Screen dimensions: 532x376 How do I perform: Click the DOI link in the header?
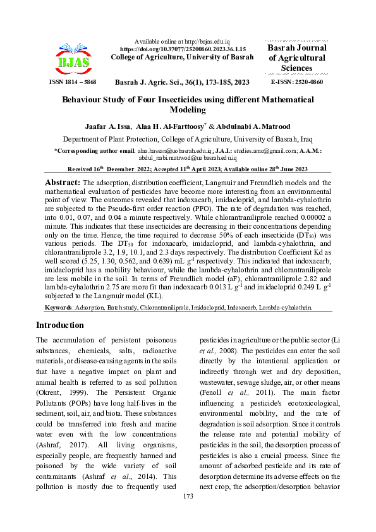tap(182, 49)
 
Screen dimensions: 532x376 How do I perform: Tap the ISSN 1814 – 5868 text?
tap(72, 83)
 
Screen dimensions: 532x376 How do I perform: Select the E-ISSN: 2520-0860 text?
tap(296, 83)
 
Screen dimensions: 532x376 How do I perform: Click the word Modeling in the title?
tap(187, 109)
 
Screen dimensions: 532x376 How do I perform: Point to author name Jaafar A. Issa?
tap(108, 125)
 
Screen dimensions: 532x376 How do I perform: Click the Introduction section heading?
tap(59, 325)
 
